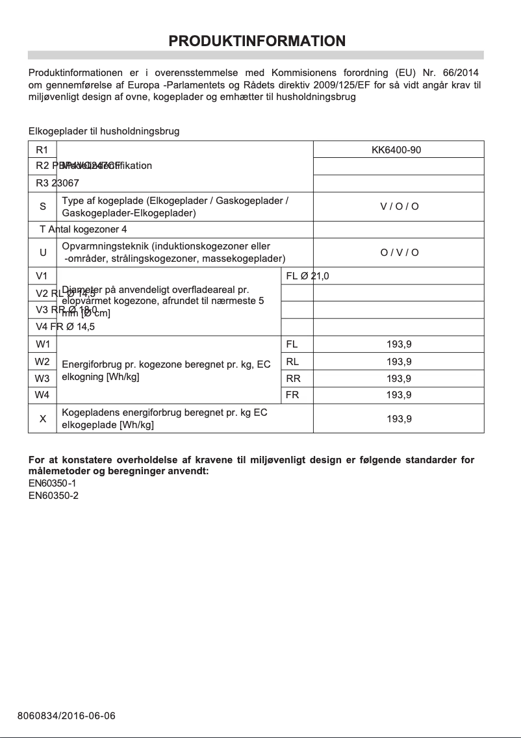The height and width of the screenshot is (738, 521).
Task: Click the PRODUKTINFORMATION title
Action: (x=257, y=42)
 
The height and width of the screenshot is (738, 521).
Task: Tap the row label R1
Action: (x=42, y=150)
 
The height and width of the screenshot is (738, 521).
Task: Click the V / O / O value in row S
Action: (x=399, y=207)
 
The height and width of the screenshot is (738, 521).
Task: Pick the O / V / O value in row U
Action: (x=399, y=253)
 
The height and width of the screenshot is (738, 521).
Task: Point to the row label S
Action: (x=43, y=207)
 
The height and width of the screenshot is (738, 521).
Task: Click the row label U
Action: (x=43, y=253)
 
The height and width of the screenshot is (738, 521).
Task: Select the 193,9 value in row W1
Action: (x=399, y=344)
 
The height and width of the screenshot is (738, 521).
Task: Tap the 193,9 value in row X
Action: (x=399, y=419)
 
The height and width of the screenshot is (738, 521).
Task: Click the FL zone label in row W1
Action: (x=292, y=344)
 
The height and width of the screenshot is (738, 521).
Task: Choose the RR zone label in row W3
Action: (x=292, y=378)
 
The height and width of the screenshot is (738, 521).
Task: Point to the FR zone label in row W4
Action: (x=292, y=395)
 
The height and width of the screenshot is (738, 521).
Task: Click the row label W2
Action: (x=43, y=361)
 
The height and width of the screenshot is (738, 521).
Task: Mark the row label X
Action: (x=43, y=419)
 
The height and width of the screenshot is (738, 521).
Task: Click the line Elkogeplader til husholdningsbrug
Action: (x=104, y=131)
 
